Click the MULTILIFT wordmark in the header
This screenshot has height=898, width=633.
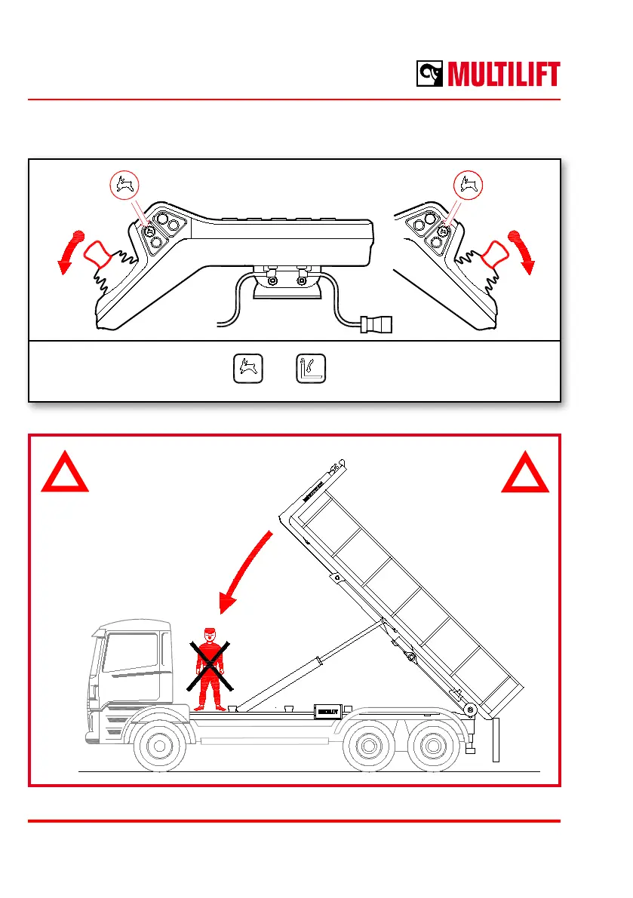tap(503, 75)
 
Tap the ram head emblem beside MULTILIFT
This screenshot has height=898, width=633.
tap(429, 75)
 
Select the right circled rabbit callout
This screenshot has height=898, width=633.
tap(469, 183)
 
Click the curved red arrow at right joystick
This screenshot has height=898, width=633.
tap(523, 251)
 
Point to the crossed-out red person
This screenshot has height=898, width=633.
tap(210, 668)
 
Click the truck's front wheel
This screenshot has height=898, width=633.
tap(158, 747)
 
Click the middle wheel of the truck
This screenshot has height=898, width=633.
tap(368, 747)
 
